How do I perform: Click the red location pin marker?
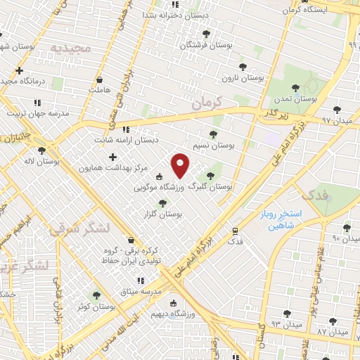pyautogui.click(x=181, y=165)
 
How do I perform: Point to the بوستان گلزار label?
pyautogui.click(x=163, y=214)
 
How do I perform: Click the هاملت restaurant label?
pyautogui.click(x=101, y=90)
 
